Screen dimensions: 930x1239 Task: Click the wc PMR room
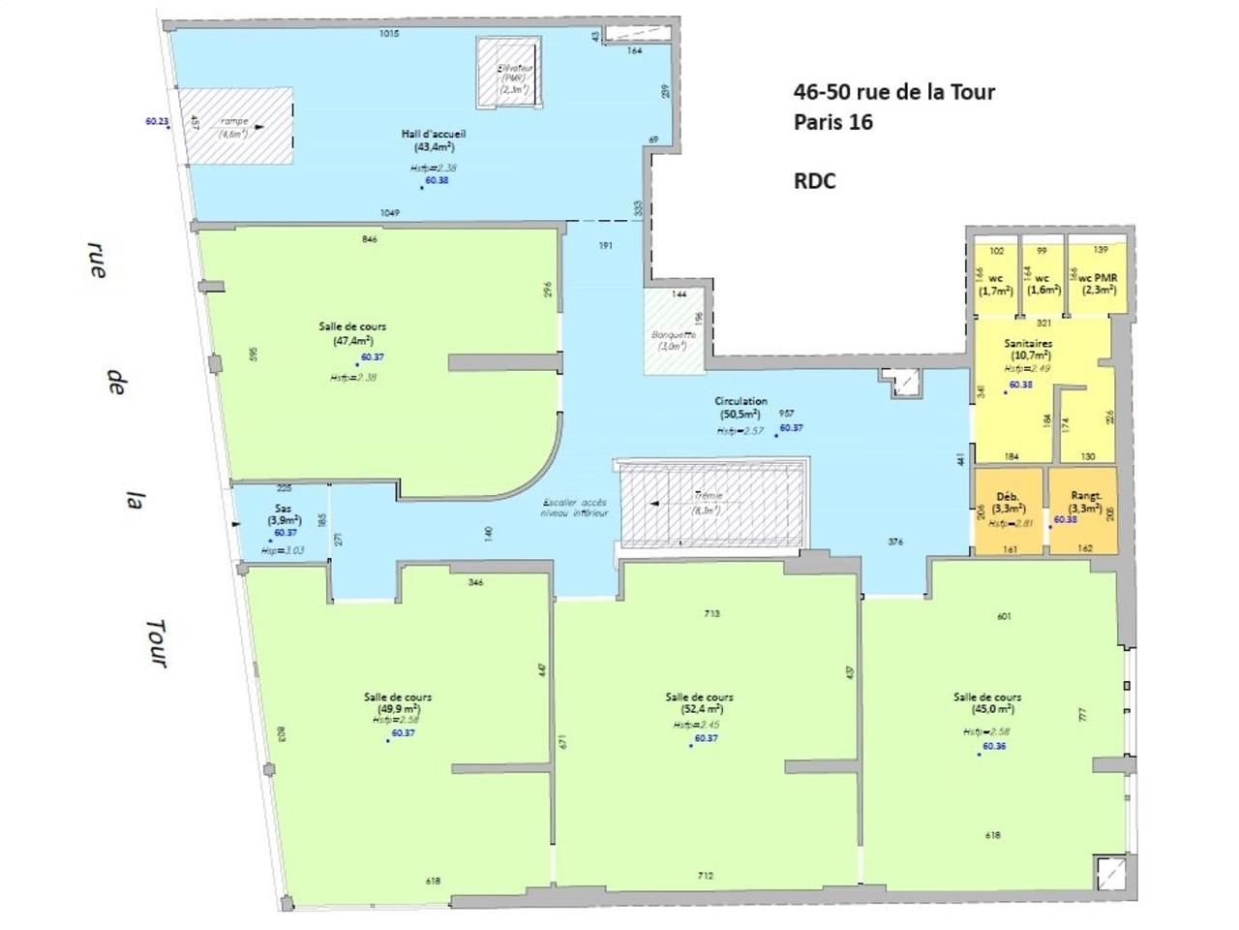tap(1097, 283)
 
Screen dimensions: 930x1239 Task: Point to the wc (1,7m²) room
tap(995, 283)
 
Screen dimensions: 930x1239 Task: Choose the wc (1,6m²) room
tap(1043, 283)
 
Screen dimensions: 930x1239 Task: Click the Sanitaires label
tap(1028, 349)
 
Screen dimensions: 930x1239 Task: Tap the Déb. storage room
tap(1008, 510)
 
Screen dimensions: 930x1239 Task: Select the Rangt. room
tap(1084, 510)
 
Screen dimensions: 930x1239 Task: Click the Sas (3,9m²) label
tap(284, 513)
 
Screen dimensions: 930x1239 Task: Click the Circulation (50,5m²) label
tap(740, 407)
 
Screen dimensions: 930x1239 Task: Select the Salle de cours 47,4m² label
tap(352, 333)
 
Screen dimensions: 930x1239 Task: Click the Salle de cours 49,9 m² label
tap(398, 702)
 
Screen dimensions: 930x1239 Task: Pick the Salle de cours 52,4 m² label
tap(699, 702)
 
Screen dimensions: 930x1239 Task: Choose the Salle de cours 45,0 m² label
tap(987, 702)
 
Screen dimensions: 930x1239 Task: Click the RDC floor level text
tap(814, 181)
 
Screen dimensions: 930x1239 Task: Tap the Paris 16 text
tap(832, 122)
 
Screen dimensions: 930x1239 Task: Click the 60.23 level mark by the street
tap(157, 122)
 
